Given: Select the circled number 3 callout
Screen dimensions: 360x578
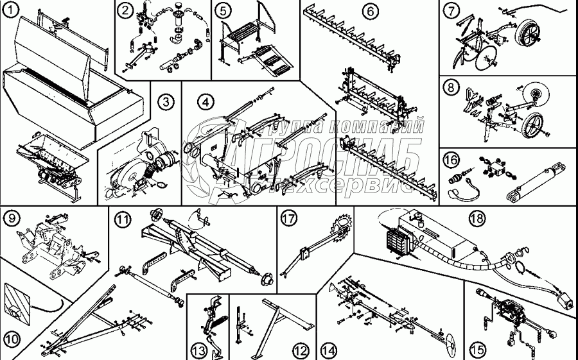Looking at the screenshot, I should pyautogui.click(x=165, y=101).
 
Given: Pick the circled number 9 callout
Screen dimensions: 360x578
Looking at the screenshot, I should pyautogui.click(x=10, y=218).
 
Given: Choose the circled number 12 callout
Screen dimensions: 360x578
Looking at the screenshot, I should pyautogui.click(x=300, y=350).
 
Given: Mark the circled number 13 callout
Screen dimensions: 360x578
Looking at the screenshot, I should pyautogui.click(x=198, y=350).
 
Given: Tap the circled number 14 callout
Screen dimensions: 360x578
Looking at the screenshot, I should pyautogui.click(x=329, y=350).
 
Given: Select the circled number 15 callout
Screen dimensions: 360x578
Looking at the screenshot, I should pyautogui.click(x=476, y=350).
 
